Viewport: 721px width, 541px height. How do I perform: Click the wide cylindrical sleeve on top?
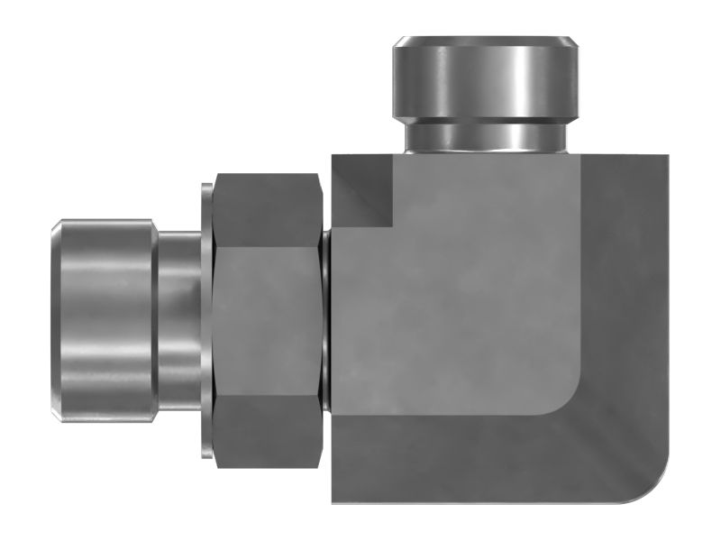coord(484,81)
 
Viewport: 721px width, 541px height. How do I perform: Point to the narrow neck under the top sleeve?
coord(484,135)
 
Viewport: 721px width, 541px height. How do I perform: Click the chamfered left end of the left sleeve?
coord(56,320)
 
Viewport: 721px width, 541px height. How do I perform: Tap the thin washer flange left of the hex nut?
coord(206,320)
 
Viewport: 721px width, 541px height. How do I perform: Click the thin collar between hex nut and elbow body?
coord(327,320)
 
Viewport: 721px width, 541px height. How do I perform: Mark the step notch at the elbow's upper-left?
coord(365,194)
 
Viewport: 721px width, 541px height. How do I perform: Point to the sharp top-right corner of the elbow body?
coord(668,157)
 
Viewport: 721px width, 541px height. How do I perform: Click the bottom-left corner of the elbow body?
coord(335,500)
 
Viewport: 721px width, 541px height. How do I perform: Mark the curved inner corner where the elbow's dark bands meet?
coord(568,401)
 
